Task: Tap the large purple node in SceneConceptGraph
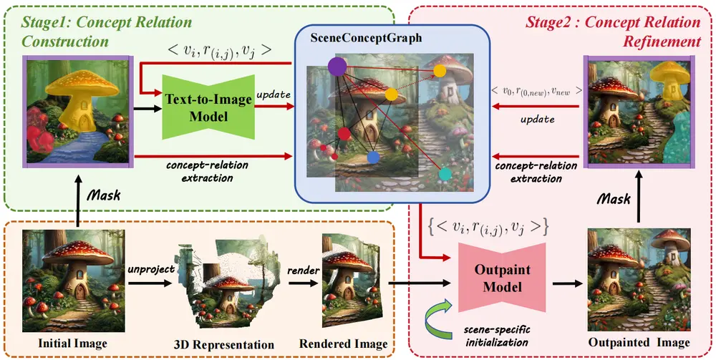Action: (x=337, y=67)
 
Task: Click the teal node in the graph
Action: (x=445, y=174)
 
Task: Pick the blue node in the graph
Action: (x=373, y=157)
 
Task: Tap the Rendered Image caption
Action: (x=343, y=344)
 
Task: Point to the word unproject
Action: (x=148, y=269)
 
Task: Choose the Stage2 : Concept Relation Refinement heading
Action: (x=612, y=31)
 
